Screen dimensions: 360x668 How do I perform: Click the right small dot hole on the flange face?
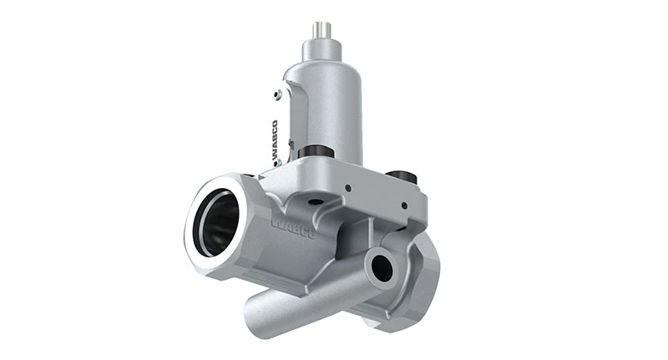click(404, 205)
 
